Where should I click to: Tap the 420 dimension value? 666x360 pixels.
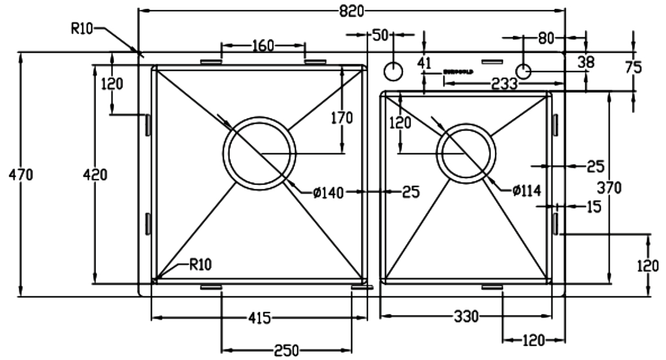(95, 175)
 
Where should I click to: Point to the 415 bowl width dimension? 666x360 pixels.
(259, 318)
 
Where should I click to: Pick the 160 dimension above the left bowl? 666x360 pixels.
(263, 46)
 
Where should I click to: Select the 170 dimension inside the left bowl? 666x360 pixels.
(342, 117)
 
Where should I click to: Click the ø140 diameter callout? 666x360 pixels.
(328, 192)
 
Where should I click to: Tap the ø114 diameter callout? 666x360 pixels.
(527, 190)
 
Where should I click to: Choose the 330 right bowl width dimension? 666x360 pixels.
(466, 317)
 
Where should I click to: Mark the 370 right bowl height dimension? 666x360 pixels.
(609, 188)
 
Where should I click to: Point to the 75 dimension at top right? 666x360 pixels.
(634, 67)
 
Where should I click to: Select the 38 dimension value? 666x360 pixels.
(586, 63)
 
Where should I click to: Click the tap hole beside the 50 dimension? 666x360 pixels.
(393, 71)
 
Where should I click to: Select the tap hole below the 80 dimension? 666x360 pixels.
(523, 71)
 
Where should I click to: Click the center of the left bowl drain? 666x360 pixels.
(259, 153)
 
